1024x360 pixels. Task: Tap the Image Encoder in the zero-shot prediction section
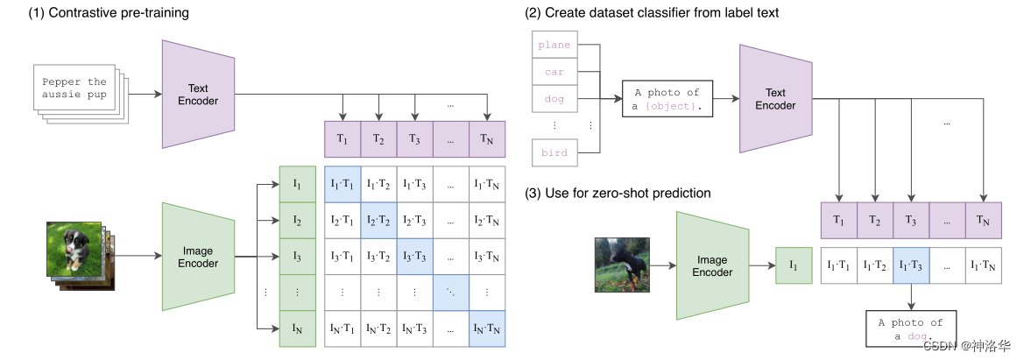point(712,265)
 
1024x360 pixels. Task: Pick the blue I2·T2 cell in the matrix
point(378,220)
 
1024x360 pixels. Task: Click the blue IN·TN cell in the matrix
point(487,328)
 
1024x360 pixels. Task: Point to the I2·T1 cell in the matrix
point(343,220)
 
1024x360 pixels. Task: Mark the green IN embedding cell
point(297,328)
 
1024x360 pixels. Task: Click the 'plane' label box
point(554,45)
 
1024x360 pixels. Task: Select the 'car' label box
point(554,72)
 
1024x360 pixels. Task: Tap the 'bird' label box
point(554,152)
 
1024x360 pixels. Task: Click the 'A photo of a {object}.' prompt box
point(668,99)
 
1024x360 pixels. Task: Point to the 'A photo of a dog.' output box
point(910,329)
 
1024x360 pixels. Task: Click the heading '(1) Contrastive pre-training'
point(95,12)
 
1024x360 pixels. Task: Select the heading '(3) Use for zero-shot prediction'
point(617,193)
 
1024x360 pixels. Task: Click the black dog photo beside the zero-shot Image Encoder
point(622,264)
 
